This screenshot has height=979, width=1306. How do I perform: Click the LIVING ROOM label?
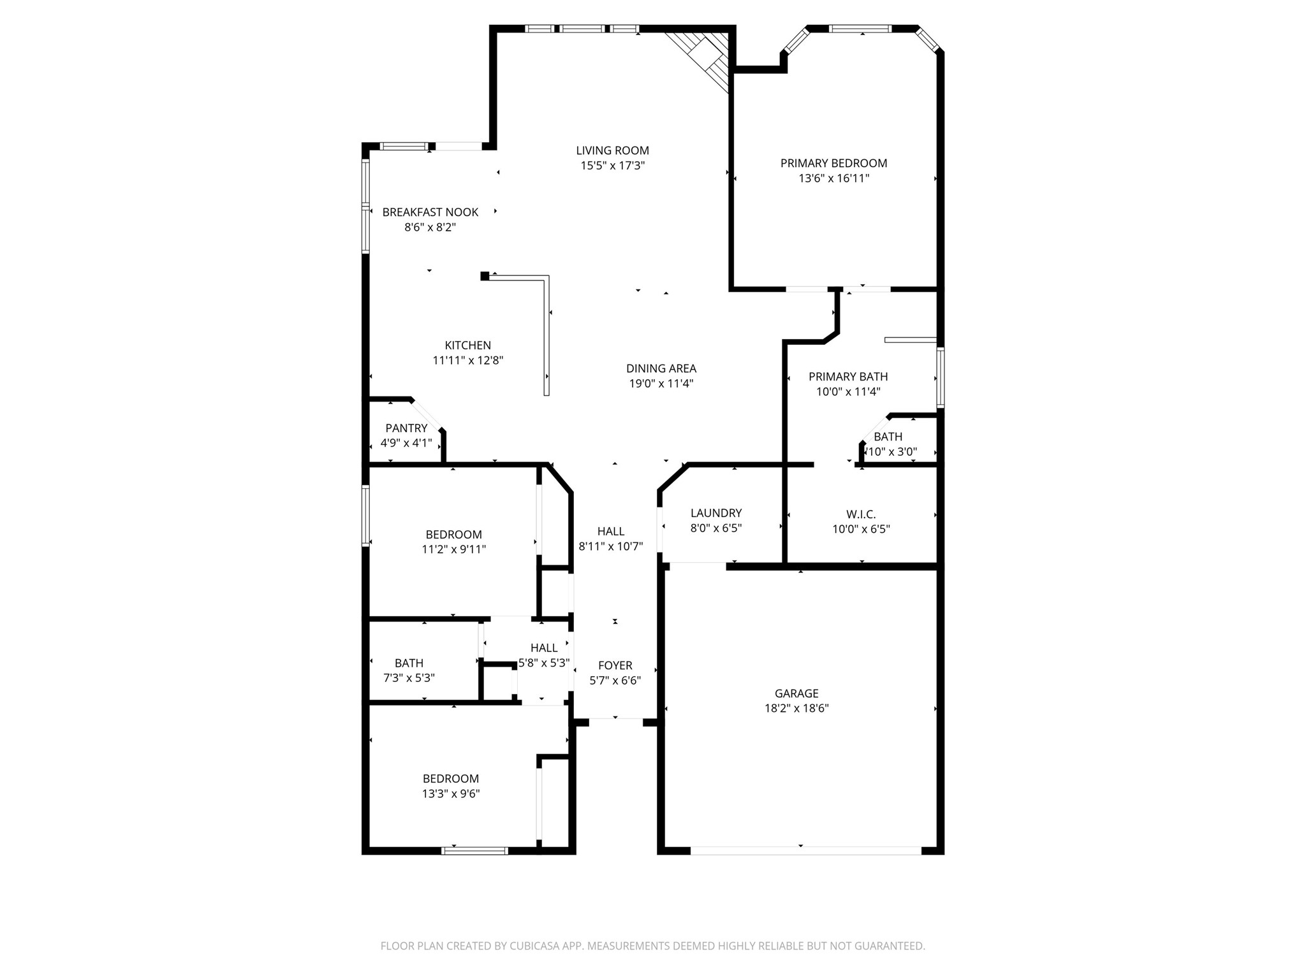[612, 150]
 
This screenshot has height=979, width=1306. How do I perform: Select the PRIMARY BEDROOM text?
[833, 163]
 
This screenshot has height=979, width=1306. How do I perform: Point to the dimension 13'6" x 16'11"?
[833, 178]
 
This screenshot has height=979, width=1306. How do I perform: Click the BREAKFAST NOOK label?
[430, 212]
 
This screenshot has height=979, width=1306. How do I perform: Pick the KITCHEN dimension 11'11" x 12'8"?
[467, 360]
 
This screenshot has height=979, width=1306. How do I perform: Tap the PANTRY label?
[406, 428]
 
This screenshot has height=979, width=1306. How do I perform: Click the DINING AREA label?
[661, 368]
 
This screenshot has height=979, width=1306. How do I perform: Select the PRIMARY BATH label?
[847, 377]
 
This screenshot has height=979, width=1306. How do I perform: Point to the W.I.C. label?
[860, 514]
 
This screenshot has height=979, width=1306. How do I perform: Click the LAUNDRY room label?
[715, 513]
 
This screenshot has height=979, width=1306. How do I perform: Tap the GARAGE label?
[796, 693]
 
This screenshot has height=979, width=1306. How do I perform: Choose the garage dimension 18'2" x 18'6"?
[796, 708]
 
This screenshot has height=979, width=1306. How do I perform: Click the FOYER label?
[615, 665]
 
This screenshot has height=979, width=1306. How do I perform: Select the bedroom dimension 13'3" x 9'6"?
[450, 794]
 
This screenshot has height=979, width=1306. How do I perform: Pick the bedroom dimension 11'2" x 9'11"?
[453, 549]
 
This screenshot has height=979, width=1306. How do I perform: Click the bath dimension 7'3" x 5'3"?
[409, 678]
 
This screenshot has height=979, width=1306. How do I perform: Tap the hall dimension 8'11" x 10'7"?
[610, 546]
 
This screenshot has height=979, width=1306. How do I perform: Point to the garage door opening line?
[805, 850]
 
